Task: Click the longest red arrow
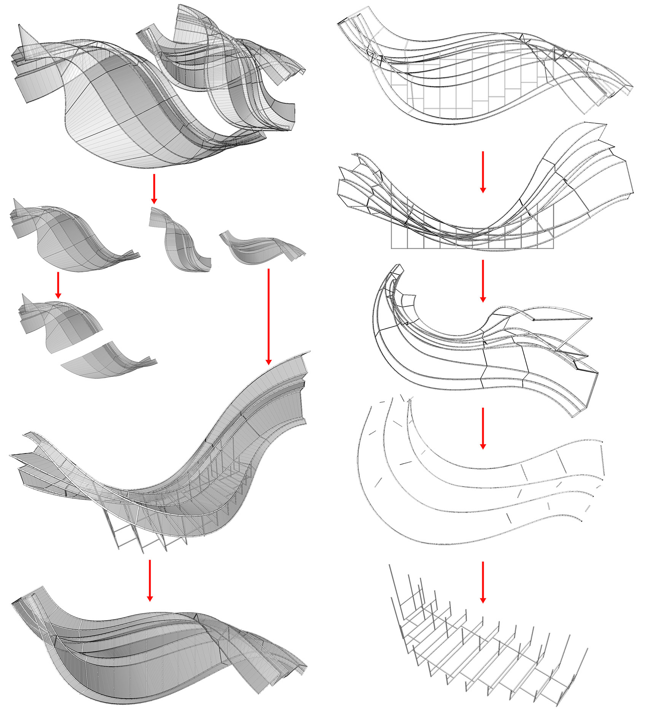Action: coord(269,316)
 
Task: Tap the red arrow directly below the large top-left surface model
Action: coord(154,188)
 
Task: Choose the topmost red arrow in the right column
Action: coord(483,171)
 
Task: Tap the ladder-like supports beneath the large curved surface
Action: coord(145,533)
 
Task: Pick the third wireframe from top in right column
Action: coord(483,350)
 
